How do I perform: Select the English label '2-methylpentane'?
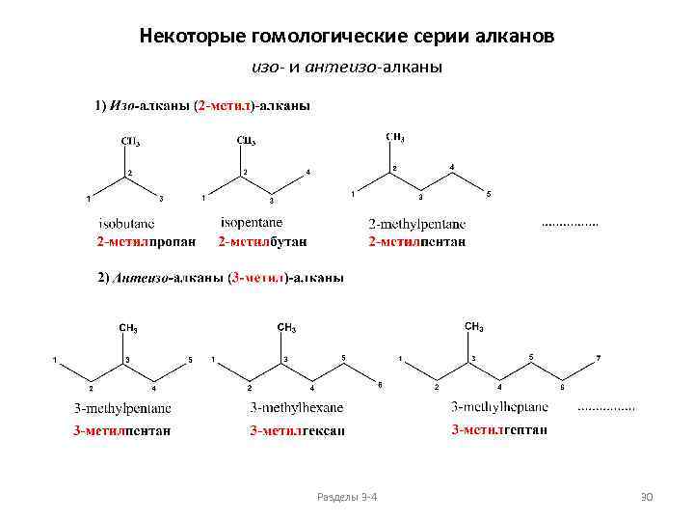pyautogui.click(x=416, y=224)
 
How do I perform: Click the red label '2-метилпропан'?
pyautogui.click(x=146, y=240)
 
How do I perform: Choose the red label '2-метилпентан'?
pyautogui.click(x=416, y=240)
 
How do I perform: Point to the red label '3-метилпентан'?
pyautogui.click(x=122, y=430)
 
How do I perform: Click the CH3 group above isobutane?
pyautogui.click(x=129, y=142)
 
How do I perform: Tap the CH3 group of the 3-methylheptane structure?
pyautogui.click(x=474, y=327)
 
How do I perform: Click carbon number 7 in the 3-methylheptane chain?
pyautogui.click(x=598, y=359)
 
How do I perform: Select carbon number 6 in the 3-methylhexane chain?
pyautogui.click(x=380, y=385)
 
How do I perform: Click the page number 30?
pyautogui.click(x=647, y=496)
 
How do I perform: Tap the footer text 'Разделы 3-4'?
pyautogui.click(x=347, y=496)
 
